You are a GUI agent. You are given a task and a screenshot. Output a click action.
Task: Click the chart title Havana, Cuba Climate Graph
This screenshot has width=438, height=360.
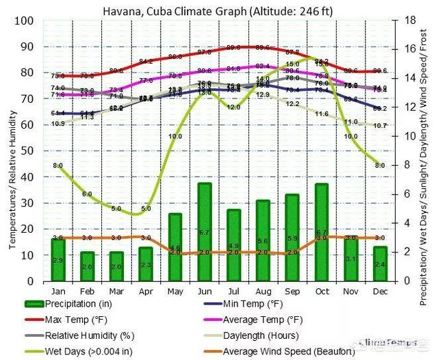click(x=216, y=10)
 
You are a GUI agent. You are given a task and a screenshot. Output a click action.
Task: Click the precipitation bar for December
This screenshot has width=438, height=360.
click(x=380, y=263)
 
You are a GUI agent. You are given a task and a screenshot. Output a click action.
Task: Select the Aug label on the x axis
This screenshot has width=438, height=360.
click(x=263, y=292)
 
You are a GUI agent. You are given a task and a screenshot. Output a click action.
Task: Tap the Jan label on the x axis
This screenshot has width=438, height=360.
click(x=57, y=292)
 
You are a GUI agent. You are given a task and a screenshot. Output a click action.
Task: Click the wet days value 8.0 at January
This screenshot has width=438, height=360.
click(x=57, y=166)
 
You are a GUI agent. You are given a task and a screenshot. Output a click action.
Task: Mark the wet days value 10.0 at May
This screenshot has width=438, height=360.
click(x=175, y=136)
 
